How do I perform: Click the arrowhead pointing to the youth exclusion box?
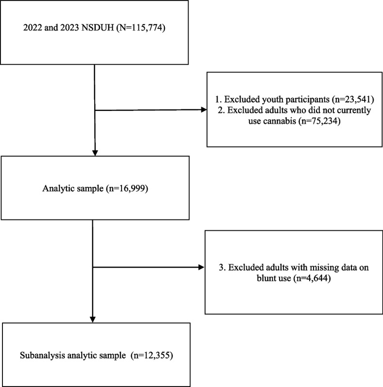point(204,110)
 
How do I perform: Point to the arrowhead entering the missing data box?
point(202,267)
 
